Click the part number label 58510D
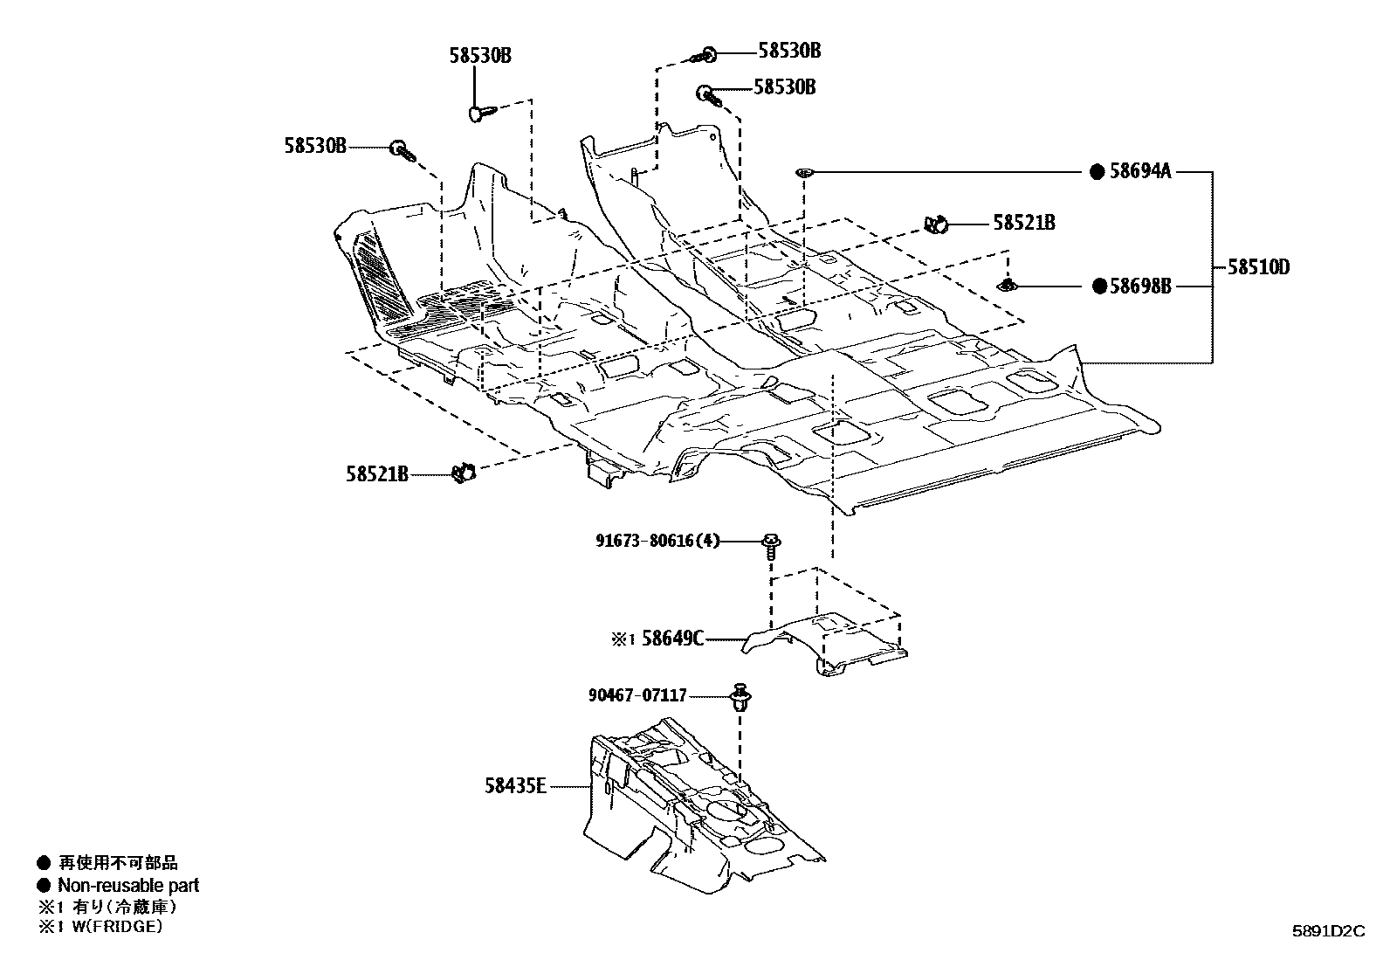(1258, 267)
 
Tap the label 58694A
(1139, 172)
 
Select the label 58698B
(1139, 286)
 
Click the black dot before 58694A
(1098, 172)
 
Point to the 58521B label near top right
(1023, 224)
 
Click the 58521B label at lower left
(376, 474)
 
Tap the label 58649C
(672, 639)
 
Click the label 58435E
(515, 786)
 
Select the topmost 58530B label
(789, 51)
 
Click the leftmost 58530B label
(314, 146)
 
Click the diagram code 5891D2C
(1328, 931)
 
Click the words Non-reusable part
(127, 885)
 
